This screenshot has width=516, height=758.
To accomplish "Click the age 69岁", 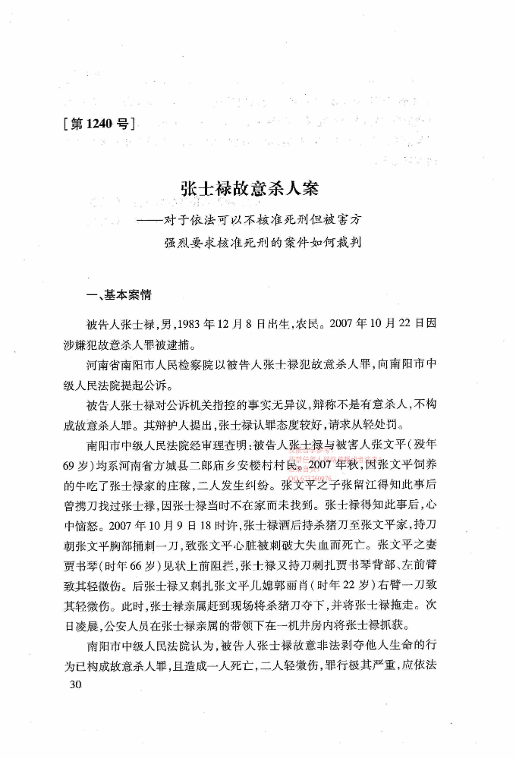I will point(69,462).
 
